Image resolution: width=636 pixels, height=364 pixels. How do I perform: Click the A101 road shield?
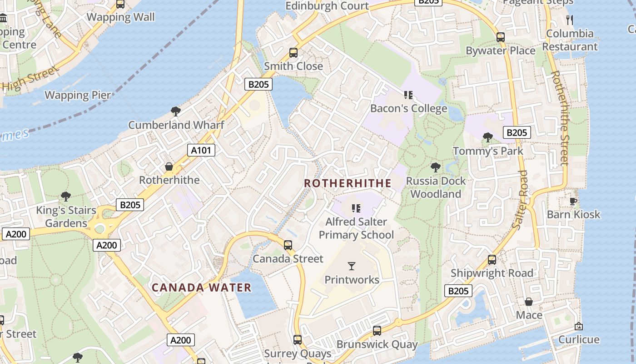(201, 150)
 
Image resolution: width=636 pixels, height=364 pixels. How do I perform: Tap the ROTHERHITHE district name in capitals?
(348, 183)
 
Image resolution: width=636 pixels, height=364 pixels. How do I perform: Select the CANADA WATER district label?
(201, 288)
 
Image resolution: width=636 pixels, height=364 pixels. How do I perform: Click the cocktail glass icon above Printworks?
(352, 266)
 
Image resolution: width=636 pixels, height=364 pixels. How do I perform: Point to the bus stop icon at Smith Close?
(293, 53)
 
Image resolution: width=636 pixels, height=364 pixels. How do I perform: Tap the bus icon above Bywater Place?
(500, 37)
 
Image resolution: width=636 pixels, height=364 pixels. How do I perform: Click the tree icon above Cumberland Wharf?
(176, 111)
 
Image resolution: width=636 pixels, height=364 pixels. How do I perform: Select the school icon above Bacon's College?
(408, 95)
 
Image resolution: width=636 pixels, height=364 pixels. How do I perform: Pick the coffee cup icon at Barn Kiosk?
(573, 201)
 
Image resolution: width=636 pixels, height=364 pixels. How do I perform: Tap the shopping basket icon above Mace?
(529, 302)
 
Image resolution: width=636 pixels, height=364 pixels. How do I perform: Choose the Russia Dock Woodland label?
(436, 187)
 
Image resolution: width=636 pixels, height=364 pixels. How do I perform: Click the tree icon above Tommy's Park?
(488, 137)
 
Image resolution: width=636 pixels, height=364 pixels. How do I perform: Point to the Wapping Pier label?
(78, 95)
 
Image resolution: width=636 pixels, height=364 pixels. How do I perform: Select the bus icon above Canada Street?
(288, 245)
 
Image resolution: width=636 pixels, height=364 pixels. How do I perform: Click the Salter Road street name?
(521, 200)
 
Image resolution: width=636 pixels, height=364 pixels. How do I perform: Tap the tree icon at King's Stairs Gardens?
(66, 197)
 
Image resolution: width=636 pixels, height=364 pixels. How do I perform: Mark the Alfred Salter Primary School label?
(356, 228)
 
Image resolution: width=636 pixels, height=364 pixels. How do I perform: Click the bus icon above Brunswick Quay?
(377, 331)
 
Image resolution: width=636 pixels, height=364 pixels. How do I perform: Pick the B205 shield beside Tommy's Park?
(517, 132)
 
